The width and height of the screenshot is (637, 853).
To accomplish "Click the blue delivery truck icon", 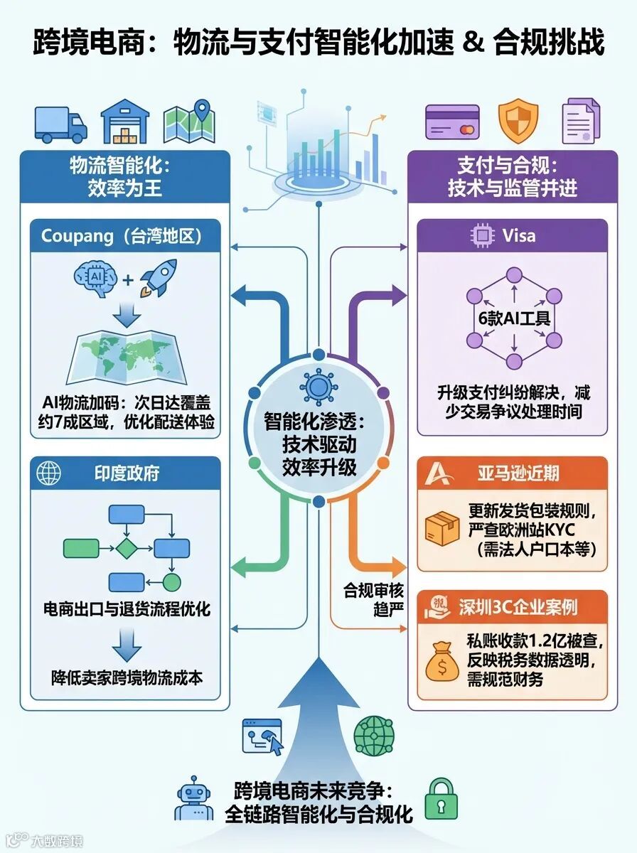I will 60,124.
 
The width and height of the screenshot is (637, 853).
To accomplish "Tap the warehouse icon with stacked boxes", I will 125,122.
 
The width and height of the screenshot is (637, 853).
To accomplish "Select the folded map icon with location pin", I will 188,122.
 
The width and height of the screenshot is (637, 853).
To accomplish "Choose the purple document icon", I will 580,122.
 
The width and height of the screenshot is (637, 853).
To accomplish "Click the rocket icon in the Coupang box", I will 157,277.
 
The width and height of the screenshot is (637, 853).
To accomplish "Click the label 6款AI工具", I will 513,318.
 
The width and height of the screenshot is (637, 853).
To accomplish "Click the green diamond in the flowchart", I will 126,548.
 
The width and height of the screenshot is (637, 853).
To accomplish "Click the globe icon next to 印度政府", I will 49,473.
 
